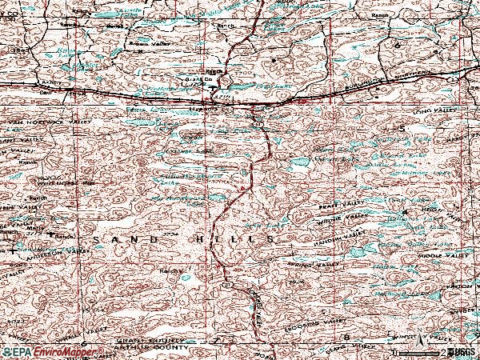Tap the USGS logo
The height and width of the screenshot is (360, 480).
pos(462,351)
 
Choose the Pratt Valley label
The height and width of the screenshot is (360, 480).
pos(327,206)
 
